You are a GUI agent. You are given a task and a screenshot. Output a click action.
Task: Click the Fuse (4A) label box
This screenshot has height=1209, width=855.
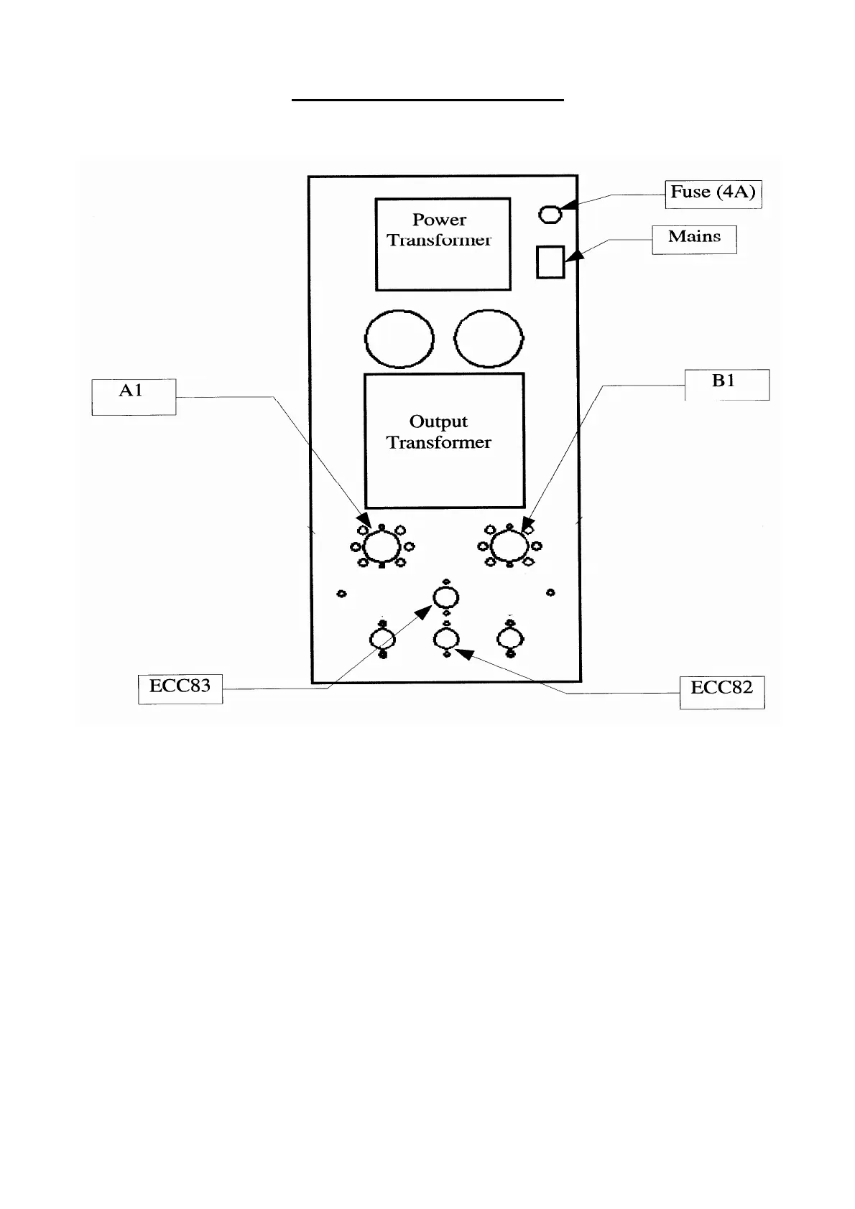click(713, 193)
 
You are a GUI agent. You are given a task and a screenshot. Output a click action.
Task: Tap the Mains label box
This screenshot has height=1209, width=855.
click(694, 238)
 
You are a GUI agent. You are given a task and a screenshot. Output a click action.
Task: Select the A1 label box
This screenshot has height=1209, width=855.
click(134, 396)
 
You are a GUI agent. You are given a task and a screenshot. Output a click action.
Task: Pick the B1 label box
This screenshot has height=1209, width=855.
click(726, 384)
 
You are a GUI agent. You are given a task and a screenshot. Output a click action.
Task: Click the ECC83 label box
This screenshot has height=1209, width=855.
click(180, 688)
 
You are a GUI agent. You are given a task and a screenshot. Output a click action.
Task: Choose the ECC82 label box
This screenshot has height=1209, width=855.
click(722, 692)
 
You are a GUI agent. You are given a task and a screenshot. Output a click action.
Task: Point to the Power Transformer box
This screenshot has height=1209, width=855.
click(443, 244)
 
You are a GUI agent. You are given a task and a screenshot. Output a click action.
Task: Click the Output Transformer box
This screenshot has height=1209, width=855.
click(444, 440)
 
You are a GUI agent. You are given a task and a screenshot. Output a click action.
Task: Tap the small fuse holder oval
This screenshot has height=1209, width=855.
click(550, 214)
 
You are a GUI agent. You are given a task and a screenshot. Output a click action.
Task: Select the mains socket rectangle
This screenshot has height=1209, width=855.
click(550, 262)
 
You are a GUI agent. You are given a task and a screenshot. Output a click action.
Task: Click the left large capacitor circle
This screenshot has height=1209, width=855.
click(399, 339)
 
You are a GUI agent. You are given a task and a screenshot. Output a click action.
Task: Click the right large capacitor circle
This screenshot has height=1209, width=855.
click(489, 339)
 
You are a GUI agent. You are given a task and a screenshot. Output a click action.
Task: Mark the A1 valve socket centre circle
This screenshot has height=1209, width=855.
click(382, 547)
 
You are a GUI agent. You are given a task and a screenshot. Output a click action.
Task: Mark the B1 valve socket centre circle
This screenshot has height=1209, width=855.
click(509, 547)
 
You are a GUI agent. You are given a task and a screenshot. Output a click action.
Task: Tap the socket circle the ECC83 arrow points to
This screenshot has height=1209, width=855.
click(446, 597)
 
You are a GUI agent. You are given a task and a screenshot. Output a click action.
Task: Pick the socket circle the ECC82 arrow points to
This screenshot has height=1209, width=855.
click(446, 638)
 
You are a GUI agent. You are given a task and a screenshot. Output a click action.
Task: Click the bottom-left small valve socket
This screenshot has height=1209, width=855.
click(382, 638)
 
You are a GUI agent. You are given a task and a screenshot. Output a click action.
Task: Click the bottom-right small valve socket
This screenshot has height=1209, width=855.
click(510, 638)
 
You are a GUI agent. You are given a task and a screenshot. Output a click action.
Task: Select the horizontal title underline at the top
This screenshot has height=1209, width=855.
click(427, 101)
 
